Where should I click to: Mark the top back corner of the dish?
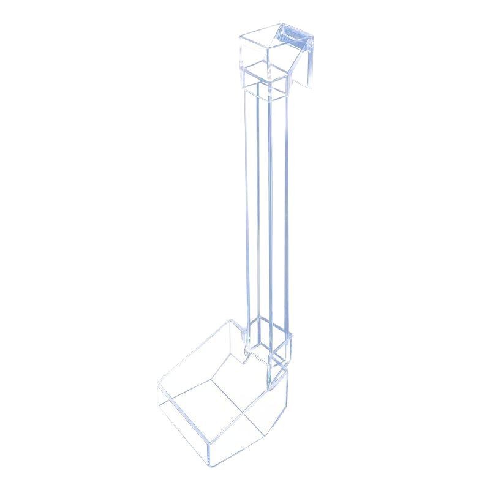230,321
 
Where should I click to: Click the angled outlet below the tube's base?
282,361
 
